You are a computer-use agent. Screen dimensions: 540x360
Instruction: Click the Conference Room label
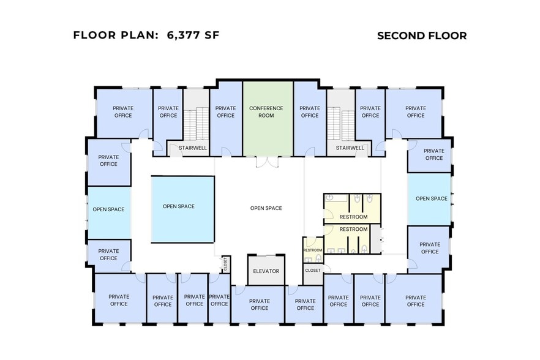[x=266, y=111]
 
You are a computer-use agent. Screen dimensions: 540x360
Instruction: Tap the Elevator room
[x=266, y=270]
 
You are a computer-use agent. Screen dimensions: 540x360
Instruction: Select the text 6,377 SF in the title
[x=193, y=35]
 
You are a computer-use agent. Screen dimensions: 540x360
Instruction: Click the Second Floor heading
[x=422, y=36]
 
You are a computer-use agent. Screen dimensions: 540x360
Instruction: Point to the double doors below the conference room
[x=267, y=162]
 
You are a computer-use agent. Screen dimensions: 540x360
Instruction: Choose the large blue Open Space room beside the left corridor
[x=182, y=209]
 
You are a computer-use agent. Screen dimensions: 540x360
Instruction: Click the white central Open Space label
[x=266, y=208]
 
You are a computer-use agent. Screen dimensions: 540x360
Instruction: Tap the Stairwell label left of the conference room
[x=192, y=148]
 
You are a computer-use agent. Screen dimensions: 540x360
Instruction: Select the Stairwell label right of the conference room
[x=350, y=148]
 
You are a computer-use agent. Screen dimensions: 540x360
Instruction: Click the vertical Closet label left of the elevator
[x=225, y=264]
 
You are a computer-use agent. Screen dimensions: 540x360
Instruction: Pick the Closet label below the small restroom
[x=313, y=271]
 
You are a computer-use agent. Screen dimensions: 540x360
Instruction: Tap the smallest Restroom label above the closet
[x=313, y=250]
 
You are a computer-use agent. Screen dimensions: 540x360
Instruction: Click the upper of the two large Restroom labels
[x=353, y=217]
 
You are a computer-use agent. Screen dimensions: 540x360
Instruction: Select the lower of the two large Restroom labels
[x=353, y=229]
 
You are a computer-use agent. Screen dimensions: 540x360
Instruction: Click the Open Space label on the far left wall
[x=108, y=209]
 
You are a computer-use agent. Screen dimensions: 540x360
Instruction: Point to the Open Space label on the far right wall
[x=432, y=198]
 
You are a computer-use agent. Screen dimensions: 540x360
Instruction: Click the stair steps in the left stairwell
[x=196, y=123]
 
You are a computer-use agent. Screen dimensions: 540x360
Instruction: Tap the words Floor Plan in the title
[x=115, y=35]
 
